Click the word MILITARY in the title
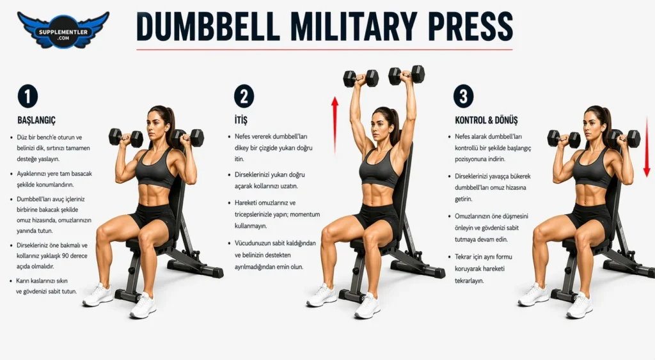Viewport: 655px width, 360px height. [x=353, y=27]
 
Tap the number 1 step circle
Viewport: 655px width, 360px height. [x=28, y=97]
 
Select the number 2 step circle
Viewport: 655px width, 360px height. [x=244, y=97]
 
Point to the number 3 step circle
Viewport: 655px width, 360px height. [x=464, y=96]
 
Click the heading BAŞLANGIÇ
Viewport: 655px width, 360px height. [x=36, y=120]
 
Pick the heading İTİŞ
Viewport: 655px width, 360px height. [x=241, y=120]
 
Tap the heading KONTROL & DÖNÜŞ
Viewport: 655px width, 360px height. [x=486, y=120]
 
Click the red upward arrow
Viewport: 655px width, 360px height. [x=335, y=125]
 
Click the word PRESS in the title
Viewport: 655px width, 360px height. [x=470, y=27]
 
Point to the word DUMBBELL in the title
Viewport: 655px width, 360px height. [x=208, y=27]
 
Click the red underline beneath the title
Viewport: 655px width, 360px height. [x=324, y=50]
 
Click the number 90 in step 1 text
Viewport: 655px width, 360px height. [x=65, y=256]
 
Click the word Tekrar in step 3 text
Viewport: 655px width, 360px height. [x=464, y=257]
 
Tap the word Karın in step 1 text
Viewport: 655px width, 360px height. [x=22, y=281]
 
